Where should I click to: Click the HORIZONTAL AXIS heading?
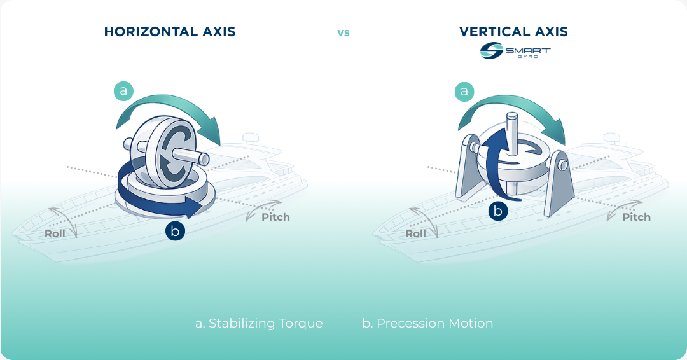pyautogui.click(x=169, y=31)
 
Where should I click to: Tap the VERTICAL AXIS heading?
pyautogui.click(x=513, y=31)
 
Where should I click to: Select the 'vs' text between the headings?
pyautogui.click(x=343, y=32)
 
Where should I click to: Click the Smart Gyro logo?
pyautogui.click(x=515, y=52)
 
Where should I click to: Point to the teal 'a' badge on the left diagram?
pyautogui.click(x=123, y=91)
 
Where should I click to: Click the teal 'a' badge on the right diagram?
pyautogui.click(x=464, y=92)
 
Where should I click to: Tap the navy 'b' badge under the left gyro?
pyautogui.click(x=175, y=230)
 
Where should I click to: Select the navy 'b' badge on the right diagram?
pyautogui.click(x=498, y=211)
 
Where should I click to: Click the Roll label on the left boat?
pyautogui.click(x=55, y=233)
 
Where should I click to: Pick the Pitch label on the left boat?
pyautogui.click(x=275, y=217)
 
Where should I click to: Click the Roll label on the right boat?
pyautogui.click(x=416, y=233)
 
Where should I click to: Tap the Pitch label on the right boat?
pyautogui.click(x=636, y=217)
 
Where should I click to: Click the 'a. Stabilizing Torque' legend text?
pyautogui.click(x=259, y=323)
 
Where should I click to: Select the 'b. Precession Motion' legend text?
pyautogui.click(x=427, y=323)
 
